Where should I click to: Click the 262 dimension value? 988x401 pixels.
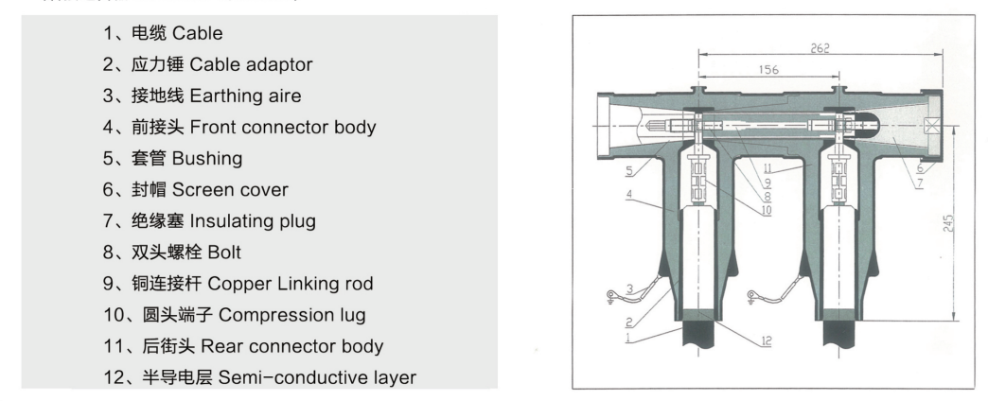821,49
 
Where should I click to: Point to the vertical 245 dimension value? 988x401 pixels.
949,223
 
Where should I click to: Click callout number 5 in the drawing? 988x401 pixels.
630,171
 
